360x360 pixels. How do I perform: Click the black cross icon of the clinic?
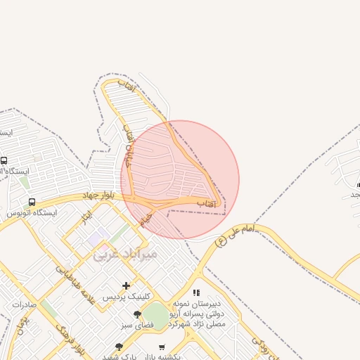click(126, 285)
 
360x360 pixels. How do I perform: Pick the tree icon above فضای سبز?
click(137, 314)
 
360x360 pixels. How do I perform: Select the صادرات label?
click(23, 305)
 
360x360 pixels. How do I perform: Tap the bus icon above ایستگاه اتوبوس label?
click(32, 202)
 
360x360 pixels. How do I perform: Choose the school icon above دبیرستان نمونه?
click(196, 292)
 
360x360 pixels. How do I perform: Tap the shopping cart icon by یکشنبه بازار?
click(162, 347)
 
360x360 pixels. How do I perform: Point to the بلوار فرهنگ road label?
click(71, 338)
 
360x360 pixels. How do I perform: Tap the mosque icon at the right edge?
click(357, 184)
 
